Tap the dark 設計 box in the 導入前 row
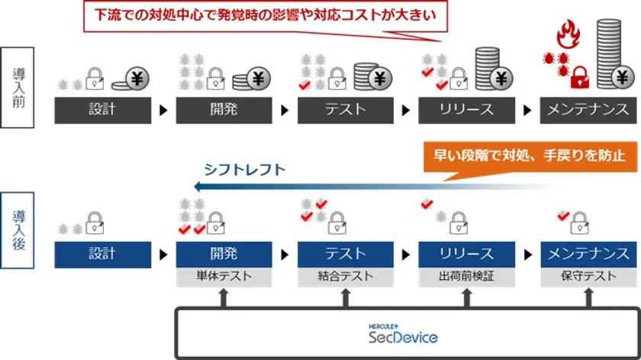tap(102, 110)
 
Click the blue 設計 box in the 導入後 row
tap(102, 254)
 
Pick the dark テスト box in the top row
tap(346, 110)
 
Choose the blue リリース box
tap(467, 254)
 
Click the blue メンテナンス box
tap(588, 254)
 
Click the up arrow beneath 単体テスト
tap(224, 297)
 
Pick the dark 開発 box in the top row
tap(224, 110)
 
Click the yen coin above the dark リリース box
tap(500, 78)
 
